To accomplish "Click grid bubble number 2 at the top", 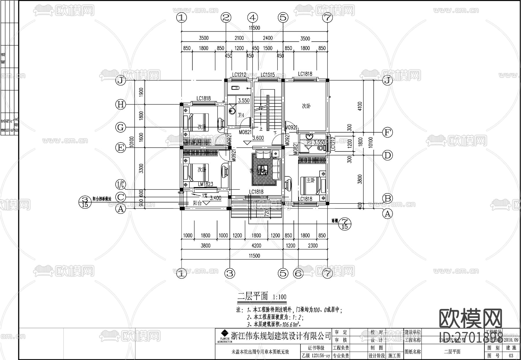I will point(226,18).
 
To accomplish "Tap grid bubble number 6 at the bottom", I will point(298,273).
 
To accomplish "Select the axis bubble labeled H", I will point(120,104).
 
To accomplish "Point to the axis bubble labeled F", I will point(387,133).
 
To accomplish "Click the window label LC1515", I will point(267,75).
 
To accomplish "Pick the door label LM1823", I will point(206,184).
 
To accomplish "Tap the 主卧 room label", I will point(311,180).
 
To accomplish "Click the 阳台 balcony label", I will point(197,203).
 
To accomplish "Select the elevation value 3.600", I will point(258,138).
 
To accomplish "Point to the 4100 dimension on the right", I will point(360,106).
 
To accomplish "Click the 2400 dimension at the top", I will point(267,38).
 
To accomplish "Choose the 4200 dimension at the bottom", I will point(256,246).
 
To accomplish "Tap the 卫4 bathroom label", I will point(241,115).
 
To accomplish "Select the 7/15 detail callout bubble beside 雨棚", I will point(344,223).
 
